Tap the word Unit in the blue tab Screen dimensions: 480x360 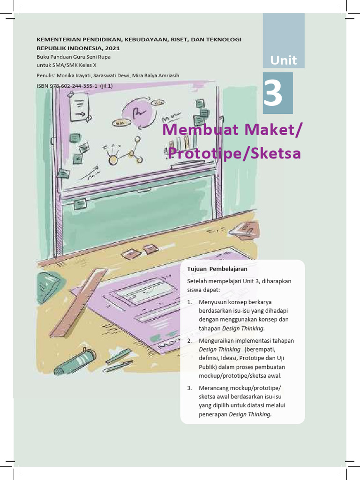tap(284, 60)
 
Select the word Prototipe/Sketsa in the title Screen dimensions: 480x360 tap(234, 153)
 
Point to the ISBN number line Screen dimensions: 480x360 tap(75, 86)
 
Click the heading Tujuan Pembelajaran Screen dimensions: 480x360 tap(217, 269)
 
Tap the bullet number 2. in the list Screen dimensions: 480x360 tap(189, 341)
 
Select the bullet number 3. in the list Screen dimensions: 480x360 tap(189, 388)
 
